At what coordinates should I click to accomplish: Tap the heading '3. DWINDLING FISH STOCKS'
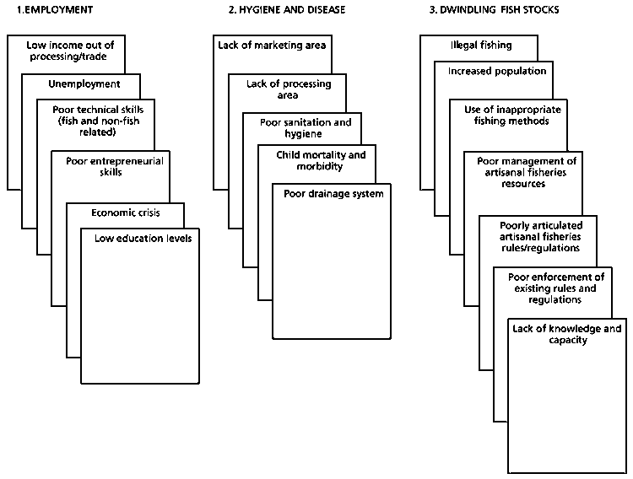(x=488, y=9)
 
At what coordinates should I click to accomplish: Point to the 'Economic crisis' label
(x=125, y=212)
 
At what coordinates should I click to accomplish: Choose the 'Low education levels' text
(x=141, y=239)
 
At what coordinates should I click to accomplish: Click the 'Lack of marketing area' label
(x=271, y=46)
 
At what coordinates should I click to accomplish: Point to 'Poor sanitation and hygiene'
(x=305, y=128)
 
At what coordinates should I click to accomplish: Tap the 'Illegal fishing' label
(x=481, y=46)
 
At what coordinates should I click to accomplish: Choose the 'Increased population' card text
(x=496, y=71)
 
